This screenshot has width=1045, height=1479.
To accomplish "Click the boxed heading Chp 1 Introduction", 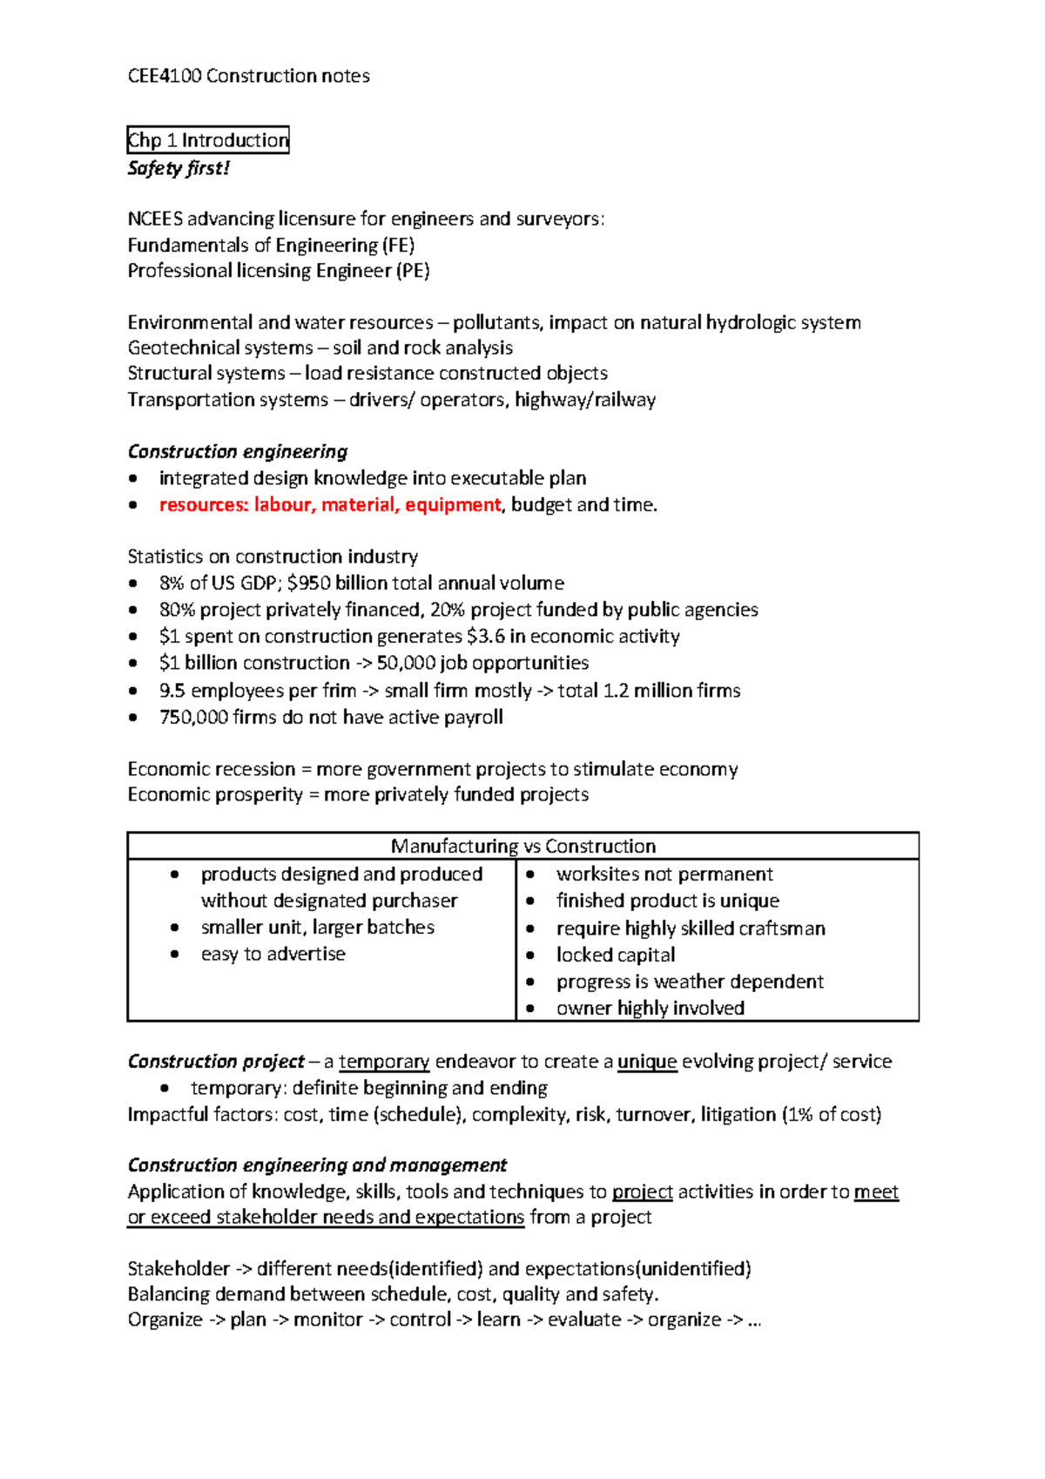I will coord(208,140).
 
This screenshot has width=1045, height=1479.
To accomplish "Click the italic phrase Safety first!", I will coord(179,168).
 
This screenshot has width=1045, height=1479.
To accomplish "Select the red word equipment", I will coord(453,505).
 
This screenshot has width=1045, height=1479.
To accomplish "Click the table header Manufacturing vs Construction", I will coord(523,847).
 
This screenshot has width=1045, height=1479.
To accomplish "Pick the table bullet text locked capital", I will coord(616,956).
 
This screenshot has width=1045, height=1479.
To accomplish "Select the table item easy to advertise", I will coord(273,955).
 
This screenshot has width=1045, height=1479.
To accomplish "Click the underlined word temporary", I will coord(384,1062).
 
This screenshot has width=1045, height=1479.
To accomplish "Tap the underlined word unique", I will coord(647,1062).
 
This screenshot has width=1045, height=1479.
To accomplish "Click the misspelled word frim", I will coord(339,691).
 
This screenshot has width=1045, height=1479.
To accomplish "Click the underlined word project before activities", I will coord(643,1192).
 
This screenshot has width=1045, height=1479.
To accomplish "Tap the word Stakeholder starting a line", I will coord(179,1269).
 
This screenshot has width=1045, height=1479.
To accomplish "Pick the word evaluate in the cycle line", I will coord(584,1320).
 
